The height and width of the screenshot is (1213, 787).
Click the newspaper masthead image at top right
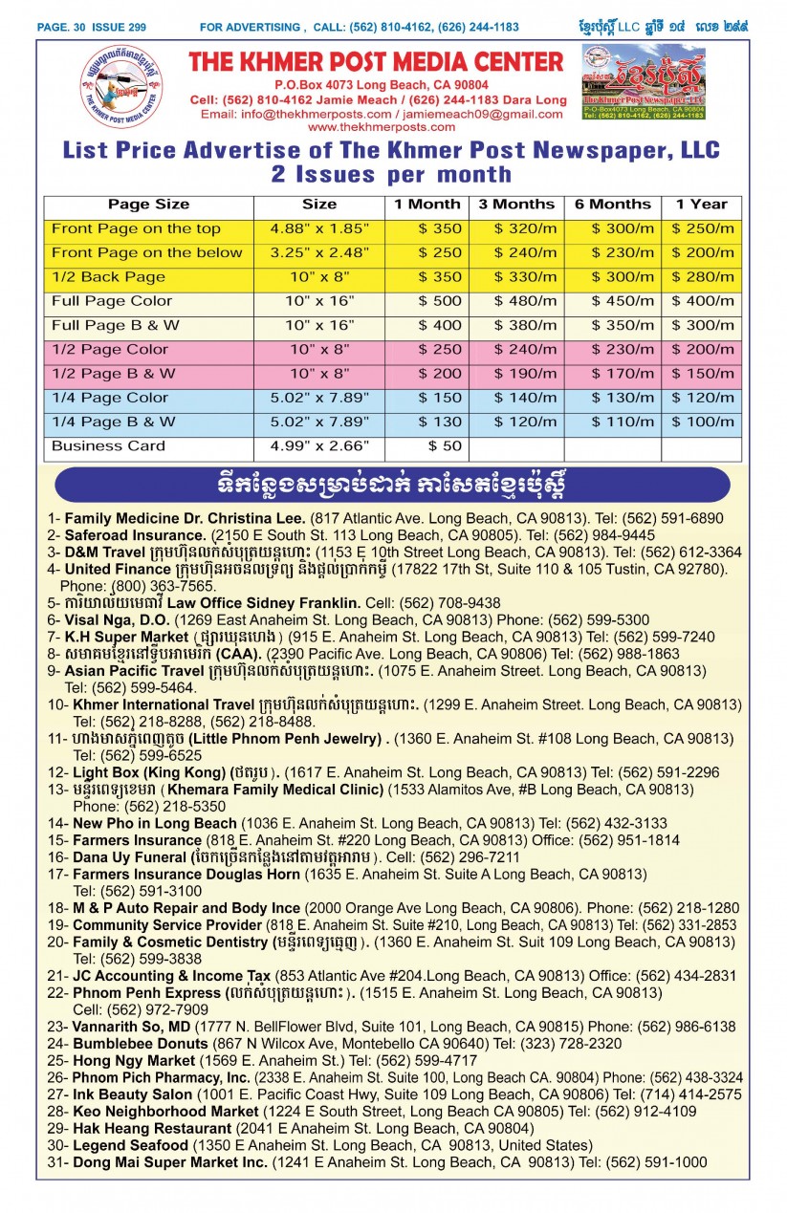[x=643, y=83]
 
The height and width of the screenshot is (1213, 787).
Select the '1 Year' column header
[x=701, y=205]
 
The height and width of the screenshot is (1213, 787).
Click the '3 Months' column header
[x=515, y=205]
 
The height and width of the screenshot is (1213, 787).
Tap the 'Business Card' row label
[x=108, y=446]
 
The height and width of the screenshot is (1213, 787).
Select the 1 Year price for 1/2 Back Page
[x=702, y=277]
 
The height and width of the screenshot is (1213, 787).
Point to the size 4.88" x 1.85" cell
[x=318, y=228]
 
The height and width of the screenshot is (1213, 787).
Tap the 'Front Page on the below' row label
[x=146, y=253]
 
